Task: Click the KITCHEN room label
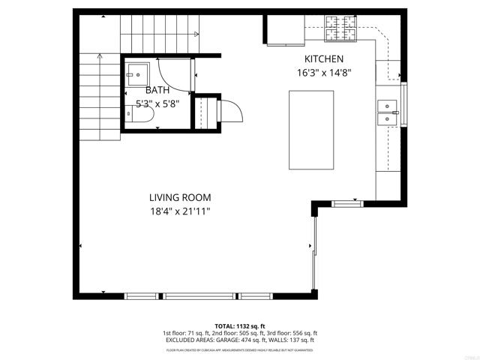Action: (x=323, y=59)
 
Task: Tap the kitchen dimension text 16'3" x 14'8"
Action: (x=323, y=73)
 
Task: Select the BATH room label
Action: (x=157, y=90)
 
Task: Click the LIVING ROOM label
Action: (x=179, y=197)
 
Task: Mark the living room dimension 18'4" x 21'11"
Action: (x=179, y=211)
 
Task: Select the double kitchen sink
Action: (x=388, y=112)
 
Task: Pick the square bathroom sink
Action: (x=138, y=72)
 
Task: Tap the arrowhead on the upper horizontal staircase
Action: (x=196, y=34)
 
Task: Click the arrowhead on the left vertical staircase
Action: (x=100, y=55)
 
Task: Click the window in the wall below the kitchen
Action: (x=346, y=202)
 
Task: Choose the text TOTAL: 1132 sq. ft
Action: (x=240, y=326)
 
